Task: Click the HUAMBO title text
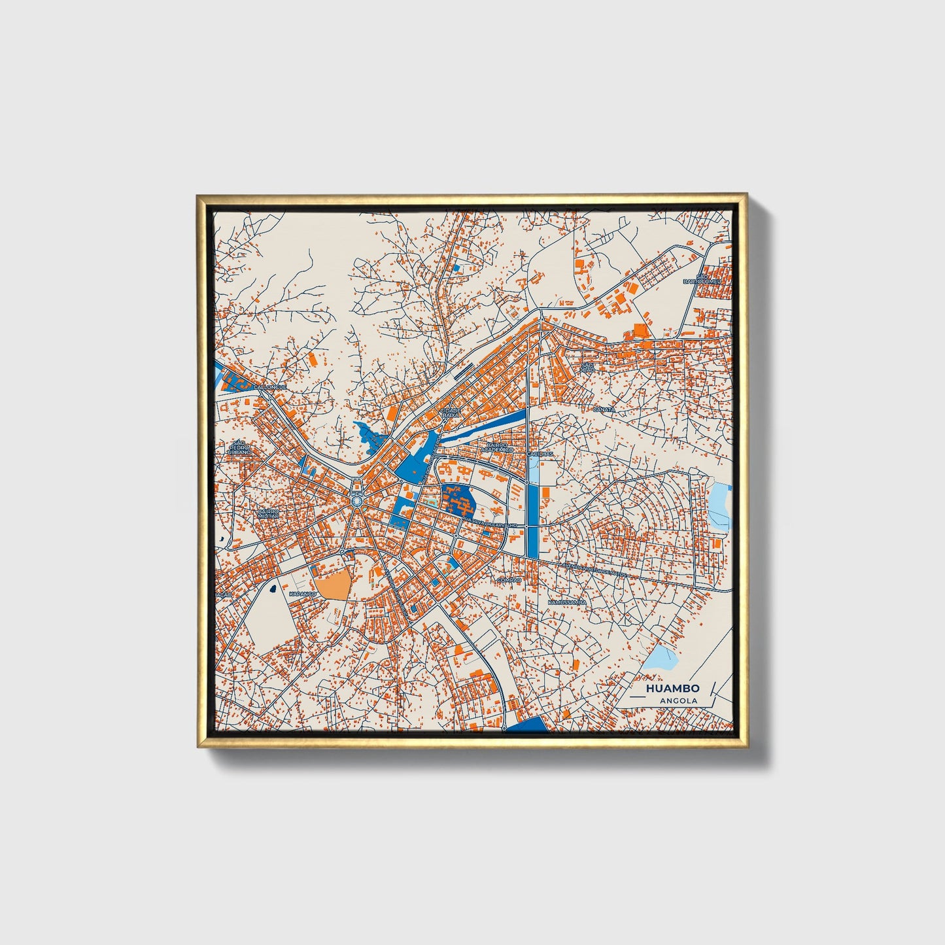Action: [672, 688]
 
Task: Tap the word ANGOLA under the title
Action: [678, 700]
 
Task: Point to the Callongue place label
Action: [270, 387]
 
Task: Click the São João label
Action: [587, 367]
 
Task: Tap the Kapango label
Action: [302, 594]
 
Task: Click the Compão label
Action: [509, 580]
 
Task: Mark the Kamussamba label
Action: [566, 602]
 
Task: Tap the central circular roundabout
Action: [356, 500]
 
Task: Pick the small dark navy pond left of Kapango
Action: [271, 589]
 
